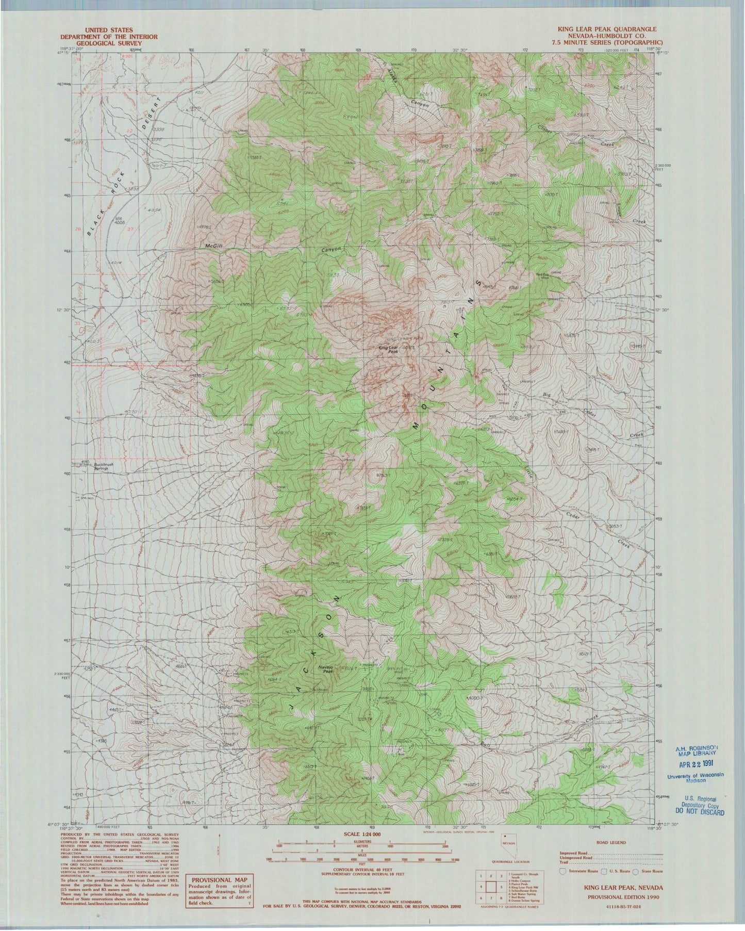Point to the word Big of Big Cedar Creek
click(x=547, y=395)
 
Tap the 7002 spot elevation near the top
click(x=532, y=89)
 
